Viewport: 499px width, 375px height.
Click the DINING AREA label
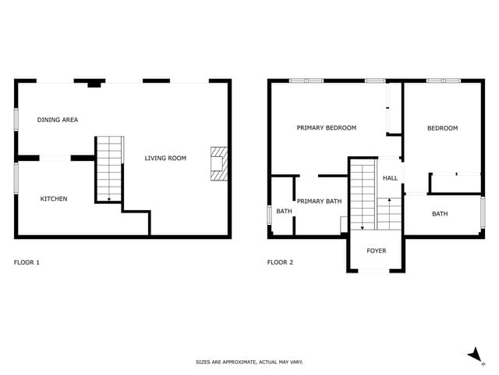(58, 120)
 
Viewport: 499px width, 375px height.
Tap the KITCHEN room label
(54, 199)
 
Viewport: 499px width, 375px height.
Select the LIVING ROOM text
(165, 159)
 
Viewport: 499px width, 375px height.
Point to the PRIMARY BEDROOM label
(326, 128)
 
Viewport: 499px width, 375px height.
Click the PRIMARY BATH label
(319, 202)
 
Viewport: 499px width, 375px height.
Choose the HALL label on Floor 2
(390, 178)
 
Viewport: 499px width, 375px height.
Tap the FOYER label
(377, 251)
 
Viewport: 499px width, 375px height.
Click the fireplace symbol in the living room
(218, 164)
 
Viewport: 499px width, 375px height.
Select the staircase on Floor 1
(109, 169)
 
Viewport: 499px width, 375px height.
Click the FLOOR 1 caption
(27, 262)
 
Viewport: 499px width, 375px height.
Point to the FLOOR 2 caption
(280, 262)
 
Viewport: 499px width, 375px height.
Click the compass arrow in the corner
(475, 355)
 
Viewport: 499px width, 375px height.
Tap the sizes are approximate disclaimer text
(249, 362)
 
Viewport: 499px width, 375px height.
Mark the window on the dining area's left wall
(16, 120)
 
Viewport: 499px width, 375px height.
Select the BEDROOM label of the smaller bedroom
(442, 128)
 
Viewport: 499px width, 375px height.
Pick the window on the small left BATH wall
(270, 214)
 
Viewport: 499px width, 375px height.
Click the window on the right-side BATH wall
(483, 212)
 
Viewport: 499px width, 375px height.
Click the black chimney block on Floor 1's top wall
(94, 84)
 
